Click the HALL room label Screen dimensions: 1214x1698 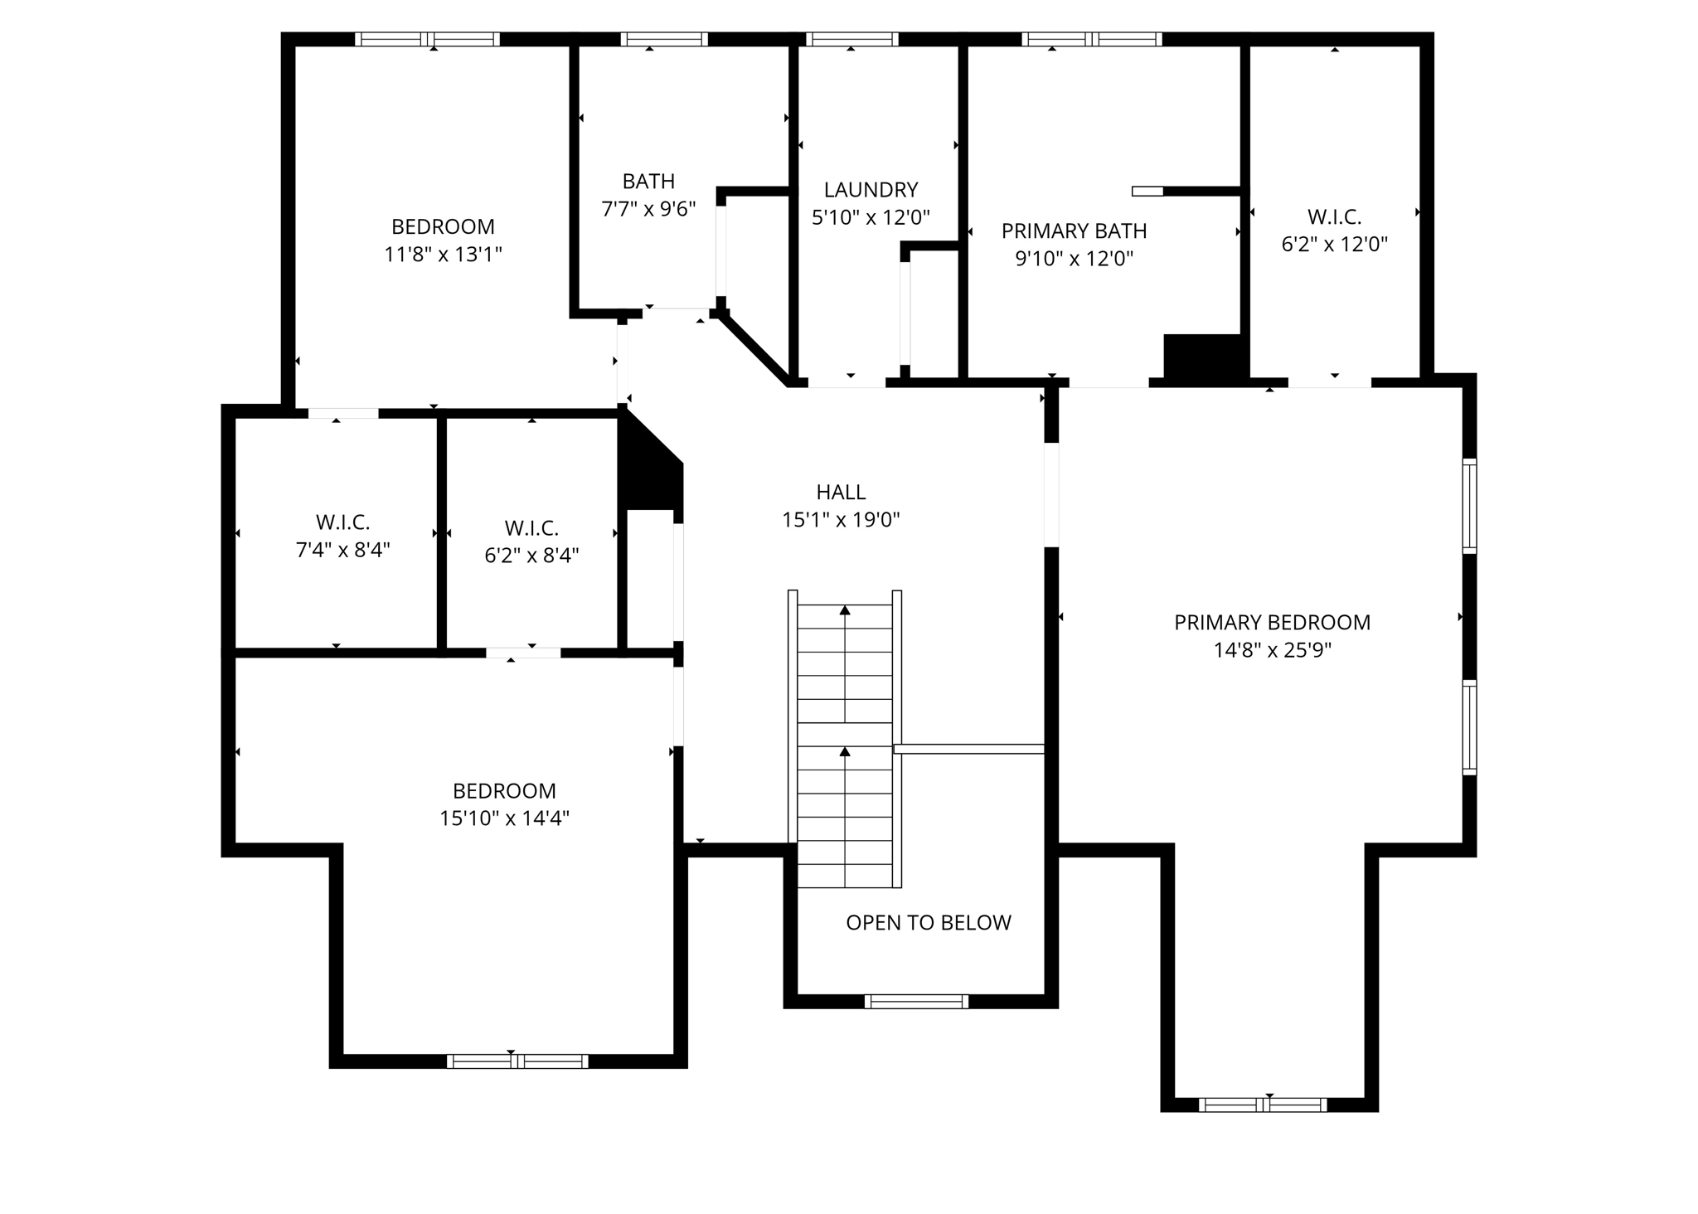(x=841, y=492)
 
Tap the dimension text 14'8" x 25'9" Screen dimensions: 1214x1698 (x=1272, y=650)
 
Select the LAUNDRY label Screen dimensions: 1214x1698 (x=871, y=190)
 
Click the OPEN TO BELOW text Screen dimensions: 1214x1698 (x=928, y=923)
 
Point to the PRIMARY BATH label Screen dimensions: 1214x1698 (x=1074, y=231)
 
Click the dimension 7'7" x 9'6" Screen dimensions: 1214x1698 (x=648, y=209)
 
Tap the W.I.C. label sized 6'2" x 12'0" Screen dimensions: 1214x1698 (x=1334, y=217)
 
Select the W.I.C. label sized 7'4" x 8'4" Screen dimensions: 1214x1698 (x=342, y=522)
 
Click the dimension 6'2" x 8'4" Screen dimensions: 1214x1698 (x=531, y=556)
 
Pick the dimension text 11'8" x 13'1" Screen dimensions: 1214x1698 (x=443, y=255)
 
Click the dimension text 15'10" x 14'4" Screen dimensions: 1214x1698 (x=504, y=818)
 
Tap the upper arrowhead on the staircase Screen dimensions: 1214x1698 (x=845, y=610)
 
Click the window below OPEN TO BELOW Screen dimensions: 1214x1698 (x=916, y=1001)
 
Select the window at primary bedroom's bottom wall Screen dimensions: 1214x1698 (x=1262, y=1105)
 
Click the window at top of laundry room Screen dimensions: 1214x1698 (x=851, y=39)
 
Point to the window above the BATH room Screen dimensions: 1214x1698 (x=663, y=39)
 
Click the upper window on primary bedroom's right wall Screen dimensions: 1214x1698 (x=1468, y=506)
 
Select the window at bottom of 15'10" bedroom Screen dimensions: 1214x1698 (x=517, y=1061)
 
